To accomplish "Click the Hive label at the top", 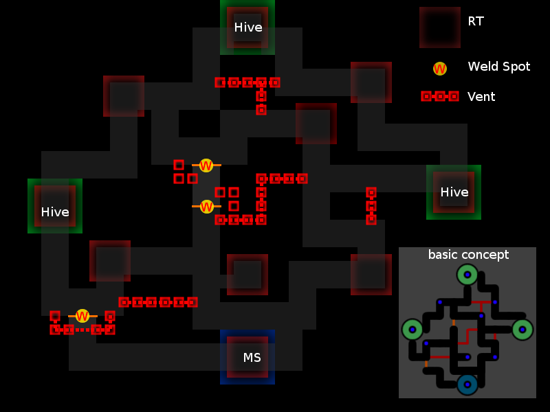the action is (x=248, y=27).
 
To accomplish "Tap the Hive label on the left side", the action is (x=55, y=212).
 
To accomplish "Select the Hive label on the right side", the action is (x=454, y=192).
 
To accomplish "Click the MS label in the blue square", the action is (x=252, y=357).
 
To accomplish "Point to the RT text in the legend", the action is (x=476, y=21).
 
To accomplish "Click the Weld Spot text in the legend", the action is (x=499, y=67).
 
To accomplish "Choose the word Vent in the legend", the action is (x=481, y=97).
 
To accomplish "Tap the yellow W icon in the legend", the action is (x=440, y=69).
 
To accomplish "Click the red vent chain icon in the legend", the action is (x=440, y=96).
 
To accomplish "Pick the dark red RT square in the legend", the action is (x=440, y=27).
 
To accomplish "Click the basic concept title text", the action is (x=468, y=255).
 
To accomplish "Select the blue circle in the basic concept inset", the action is (x=467, y=385).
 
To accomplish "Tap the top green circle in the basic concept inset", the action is (x=467, y=275).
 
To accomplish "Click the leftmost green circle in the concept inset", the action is (x=412, y=330).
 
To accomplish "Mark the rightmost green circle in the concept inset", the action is (x=522, y=330).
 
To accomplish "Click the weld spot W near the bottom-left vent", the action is (x=82, y=316).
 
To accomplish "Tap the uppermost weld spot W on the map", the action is (x=206, y=165).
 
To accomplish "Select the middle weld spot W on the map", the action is (x=206, y=207).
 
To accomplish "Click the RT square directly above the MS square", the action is (x=247, y=275).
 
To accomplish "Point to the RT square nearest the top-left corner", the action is (x=124, y=96).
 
